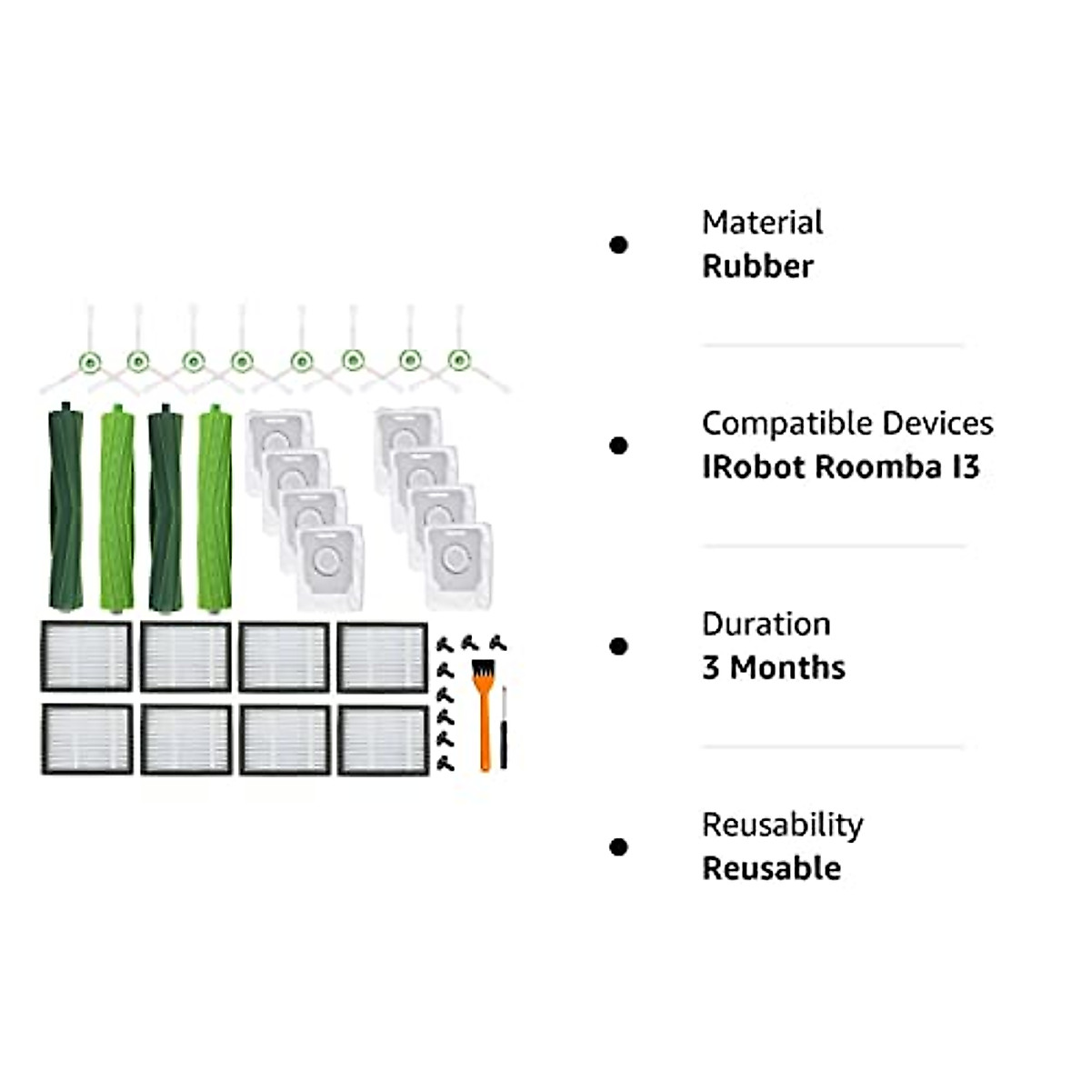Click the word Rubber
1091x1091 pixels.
tap(757, 266)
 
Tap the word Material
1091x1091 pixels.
tap(762, 223)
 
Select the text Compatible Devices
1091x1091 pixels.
tap(847, 424)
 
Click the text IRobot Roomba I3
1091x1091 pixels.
tap(840, 467)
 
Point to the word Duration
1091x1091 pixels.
tap(766, 625)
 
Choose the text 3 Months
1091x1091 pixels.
tap(773, 668)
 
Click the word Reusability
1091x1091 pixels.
tap(782, 826)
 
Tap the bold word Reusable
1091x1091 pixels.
tap(771, 869)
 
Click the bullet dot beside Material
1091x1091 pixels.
tap(619, 245)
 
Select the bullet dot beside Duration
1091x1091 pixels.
tap(619, 646)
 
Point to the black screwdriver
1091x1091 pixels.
tap(504, 727)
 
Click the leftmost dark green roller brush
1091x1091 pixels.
tap(65, 507)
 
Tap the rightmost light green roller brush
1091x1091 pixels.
tap(215, 507)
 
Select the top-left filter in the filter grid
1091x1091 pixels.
tap(86, 656)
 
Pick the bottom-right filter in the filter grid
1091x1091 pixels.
tap(383, 739)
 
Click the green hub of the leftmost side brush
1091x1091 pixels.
tap(89, 362)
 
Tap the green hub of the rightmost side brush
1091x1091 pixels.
tap(458, 361)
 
